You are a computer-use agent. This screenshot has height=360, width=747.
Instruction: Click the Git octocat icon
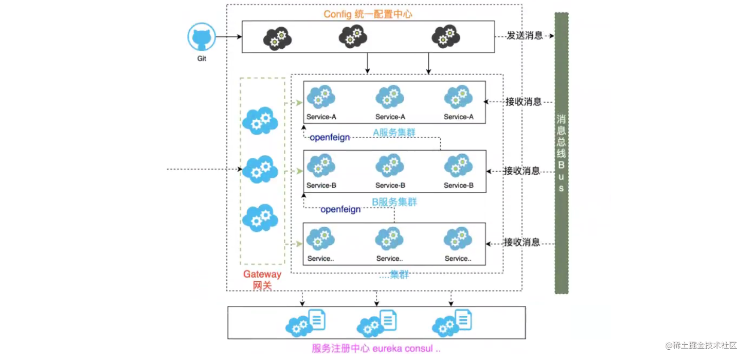click(202, 37)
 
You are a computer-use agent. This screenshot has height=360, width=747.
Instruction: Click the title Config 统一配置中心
click(367, 14)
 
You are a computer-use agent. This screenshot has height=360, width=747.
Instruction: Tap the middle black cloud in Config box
click(353, 37)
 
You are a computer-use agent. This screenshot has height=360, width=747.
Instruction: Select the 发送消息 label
click(525, 36)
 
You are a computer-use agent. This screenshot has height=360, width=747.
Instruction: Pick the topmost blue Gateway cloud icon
click(260, 121)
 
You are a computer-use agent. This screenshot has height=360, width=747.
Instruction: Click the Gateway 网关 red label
click(262, 280)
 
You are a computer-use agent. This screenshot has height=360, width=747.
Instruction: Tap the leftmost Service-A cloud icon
click(321, 97)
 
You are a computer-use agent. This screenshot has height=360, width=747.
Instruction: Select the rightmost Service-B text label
click(459, 185)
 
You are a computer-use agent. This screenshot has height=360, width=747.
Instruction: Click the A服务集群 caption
click(394, 132)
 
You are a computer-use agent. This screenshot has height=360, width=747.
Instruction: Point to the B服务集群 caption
click(394, 202)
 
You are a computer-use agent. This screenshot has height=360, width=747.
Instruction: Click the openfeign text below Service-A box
click(330, 137)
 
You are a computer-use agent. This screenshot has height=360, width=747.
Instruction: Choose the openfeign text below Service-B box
click(341, 209)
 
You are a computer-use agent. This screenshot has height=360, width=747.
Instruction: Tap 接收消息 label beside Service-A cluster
click(523, 102)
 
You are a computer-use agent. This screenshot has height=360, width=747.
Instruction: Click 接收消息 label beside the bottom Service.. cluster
click(522, 242)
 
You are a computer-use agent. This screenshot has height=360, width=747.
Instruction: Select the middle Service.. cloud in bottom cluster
click(389, 238)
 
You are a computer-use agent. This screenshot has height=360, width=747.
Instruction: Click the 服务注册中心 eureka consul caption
click(376, 348)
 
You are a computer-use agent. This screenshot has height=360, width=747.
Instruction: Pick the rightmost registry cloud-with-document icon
click(452, 323)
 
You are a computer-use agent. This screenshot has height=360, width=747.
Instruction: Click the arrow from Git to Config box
click(229, 37)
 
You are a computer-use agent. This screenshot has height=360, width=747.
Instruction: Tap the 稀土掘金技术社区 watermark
click(701, 345)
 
